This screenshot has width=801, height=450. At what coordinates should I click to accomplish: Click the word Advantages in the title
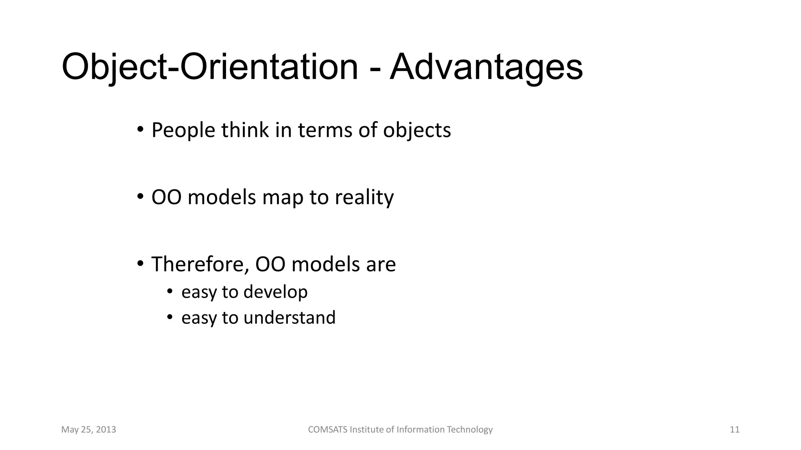click(x=486, y=67)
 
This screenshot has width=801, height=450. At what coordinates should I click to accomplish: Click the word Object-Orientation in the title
click(x=210, y=67)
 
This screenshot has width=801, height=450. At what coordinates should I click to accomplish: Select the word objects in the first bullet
click(x=417, y=130)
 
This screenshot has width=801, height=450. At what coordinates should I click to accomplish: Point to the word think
click(x=245, y=130)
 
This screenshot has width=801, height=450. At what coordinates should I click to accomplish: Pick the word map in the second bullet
click(x=283, y=197)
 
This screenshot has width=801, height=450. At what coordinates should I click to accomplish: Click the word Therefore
click(x=200, y=264)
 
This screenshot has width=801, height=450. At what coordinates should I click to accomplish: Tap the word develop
click(x=276, y=292)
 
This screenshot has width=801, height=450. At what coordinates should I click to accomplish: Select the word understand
click(x=289, y=318)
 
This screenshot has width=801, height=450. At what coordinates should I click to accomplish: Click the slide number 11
click(x=735, y=430)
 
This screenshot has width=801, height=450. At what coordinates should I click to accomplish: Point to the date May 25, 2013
click(x=89, y=430)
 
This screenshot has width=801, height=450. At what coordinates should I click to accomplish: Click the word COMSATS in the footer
click(x=327, y=430)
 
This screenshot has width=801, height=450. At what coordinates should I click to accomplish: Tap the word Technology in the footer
click(x=469, y=430)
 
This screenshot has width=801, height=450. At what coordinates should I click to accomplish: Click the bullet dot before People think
click(x=140, y=129)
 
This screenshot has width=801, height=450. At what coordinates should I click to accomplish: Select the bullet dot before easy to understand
click(x=169, y=317)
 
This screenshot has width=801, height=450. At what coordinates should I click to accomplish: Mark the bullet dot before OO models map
click(x=140, y=196)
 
